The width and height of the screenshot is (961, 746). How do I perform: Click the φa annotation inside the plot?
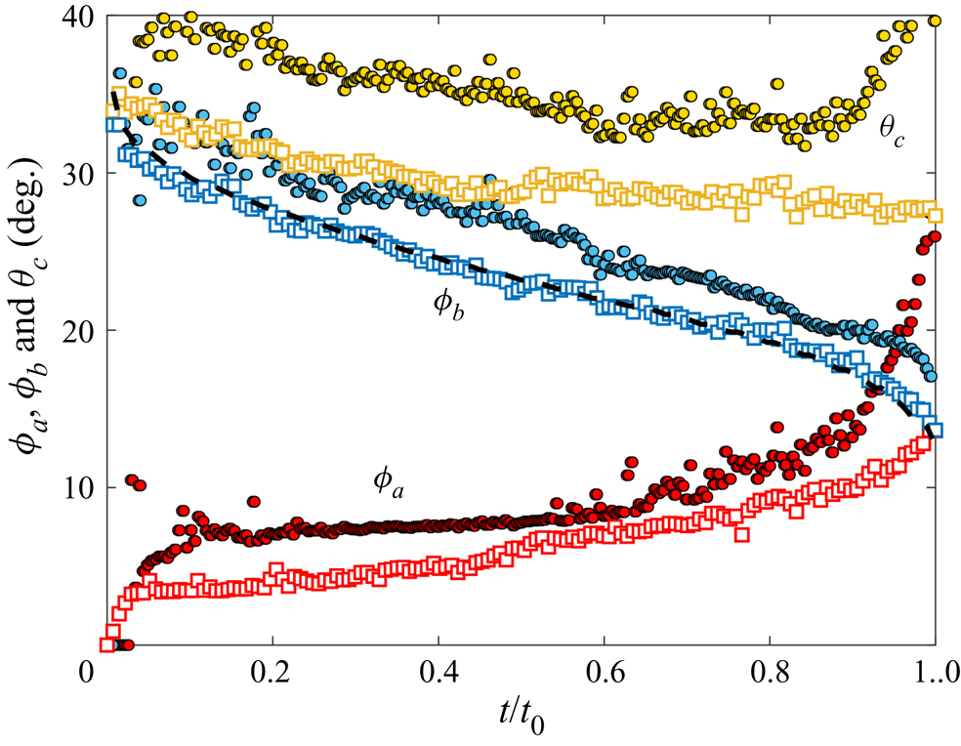388,480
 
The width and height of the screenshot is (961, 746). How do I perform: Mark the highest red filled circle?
935,236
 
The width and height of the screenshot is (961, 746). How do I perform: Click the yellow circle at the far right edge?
935,21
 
